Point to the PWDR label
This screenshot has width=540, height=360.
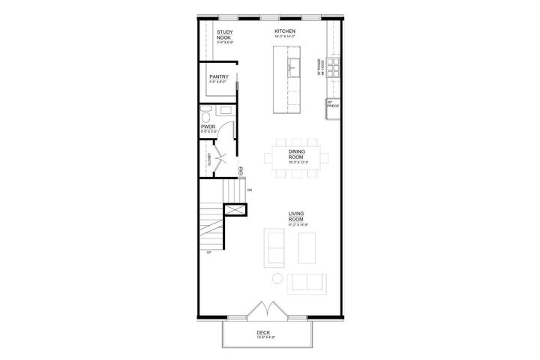[208, 128]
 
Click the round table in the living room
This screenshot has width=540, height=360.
[277, 279]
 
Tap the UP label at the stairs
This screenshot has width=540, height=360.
[208, 253]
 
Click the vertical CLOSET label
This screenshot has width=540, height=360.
[209, 160]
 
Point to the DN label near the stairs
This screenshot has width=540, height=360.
[248, 190]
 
